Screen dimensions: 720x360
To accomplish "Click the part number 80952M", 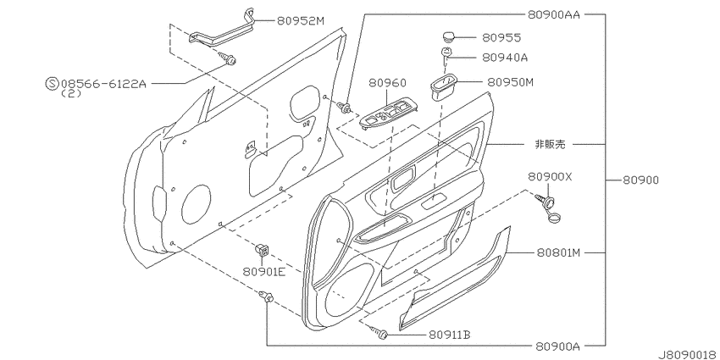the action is click(x=300, y=20).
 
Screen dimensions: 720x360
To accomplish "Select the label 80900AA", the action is click(x=554, y=14).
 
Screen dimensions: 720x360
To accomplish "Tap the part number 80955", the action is click(x=501, y=37).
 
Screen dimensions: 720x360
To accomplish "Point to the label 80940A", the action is click(x=505, y=58).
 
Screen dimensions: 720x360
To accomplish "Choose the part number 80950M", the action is click(x=510, y=82).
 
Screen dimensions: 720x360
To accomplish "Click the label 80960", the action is click(x=388, y=83).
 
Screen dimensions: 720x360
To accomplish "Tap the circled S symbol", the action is click(x=53, y=84).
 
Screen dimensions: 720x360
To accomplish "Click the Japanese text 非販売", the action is click(x=550, y=144).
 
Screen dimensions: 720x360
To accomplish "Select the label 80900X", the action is click(x=550, y=177).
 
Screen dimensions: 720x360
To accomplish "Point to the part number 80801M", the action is click(x=557, y=252).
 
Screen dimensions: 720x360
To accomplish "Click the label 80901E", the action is click(x=264, y=272).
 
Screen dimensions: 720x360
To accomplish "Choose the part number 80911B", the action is click(x=450, y=335).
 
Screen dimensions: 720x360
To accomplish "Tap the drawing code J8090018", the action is click(x=689, y=355).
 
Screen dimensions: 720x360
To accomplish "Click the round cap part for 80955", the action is click(x=448, y=36).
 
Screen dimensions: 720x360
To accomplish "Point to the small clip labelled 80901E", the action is click(x=263, y=250).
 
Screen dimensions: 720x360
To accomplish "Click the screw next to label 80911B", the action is click(x=379, y=332).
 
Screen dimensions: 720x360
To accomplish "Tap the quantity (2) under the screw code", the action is click(x=71, y=93).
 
